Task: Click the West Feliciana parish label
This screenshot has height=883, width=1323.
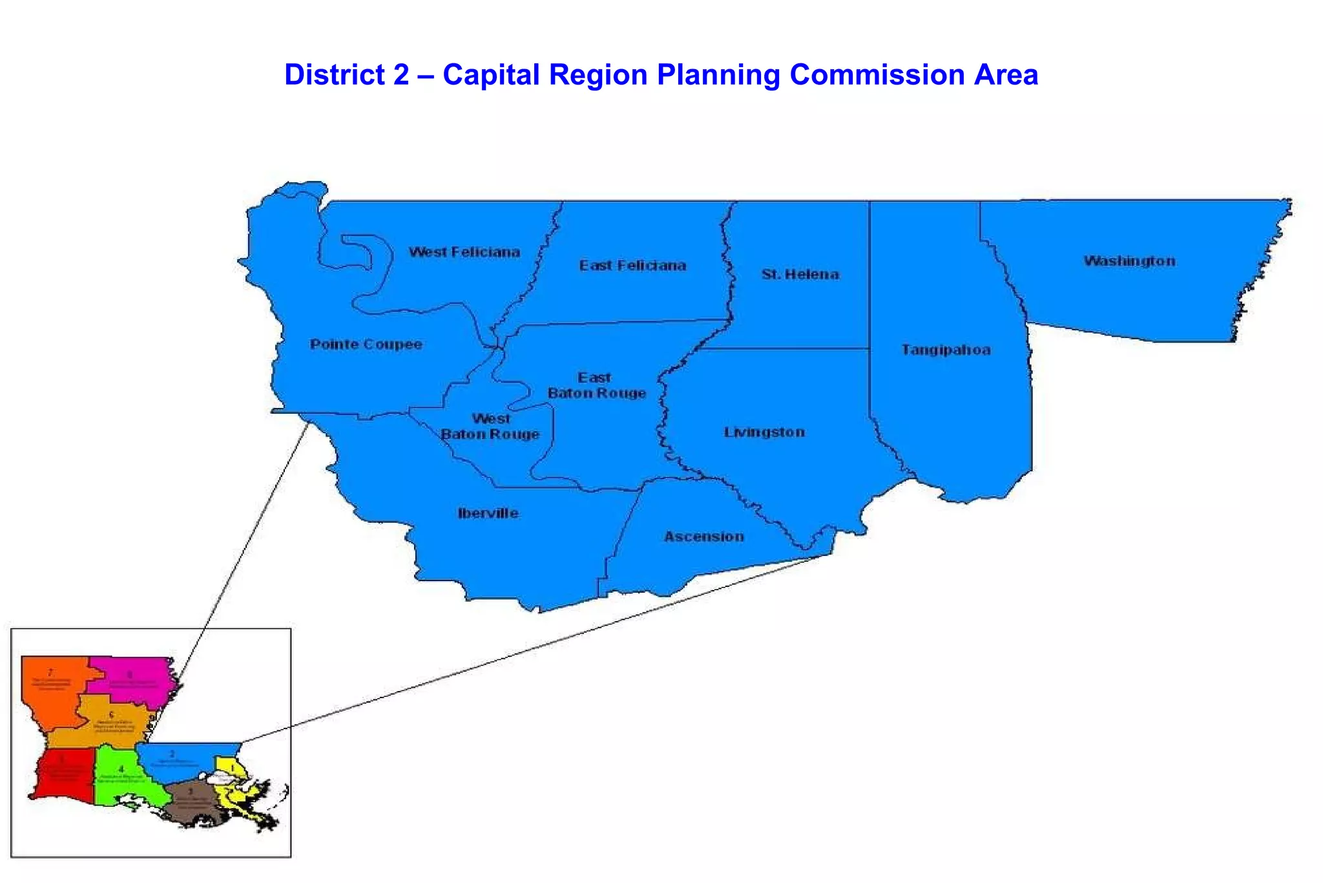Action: pyautogui.click(x=464, y=252)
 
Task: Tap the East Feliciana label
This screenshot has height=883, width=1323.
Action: pyautogui.click(x=632, y=266)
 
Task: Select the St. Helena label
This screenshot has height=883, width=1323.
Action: pyautogui.click(x=800, y=274)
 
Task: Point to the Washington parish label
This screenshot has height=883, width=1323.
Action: pyautogui.click(x=1129, y=261)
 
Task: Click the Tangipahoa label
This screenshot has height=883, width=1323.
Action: pyautogui.click(x=946, y=350)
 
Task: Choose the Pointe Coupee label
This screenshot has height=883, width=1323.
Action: pyautogui.click(x=366, y=344)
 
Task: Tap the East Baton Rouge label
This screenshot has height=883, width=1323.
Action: pyautogui.click(x=596, y=385)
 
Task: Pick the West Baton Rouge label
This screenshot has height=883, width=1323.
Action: pyautogui.click(x=490, y=427)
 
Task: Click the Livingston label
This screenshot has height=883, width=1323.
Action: pyautogui.click(x=764, y=432)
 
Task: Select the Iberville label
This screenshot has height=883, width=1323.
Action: pyautogui.click(x=488, y=513)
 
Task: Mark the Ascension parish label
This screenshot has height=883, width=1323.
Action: pyautogui.click(x=703, y=537)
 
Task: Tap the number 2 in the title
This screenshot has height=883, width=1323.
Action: pyautogui.click(x=401, y=75)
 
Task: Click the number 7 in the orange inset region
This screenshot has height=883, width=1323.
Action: pyautogui.click(x=50, y=673)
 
